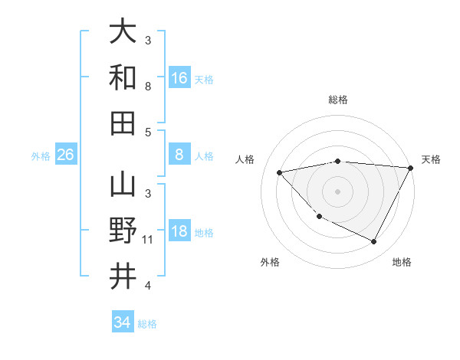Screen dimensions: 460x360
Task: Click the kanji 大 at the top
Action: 123,32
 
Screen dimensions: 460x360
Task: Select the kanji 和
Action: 123,77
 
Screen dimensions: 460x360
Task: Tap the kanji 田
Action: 123,123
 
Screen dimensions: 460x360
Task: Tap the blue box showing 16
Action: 179,77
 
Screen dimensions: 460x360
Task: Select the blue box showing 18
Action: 179,231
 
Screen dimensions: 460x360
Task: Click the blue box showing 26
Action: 66,155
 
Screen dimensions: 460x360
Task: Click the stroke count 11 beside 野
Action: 148,240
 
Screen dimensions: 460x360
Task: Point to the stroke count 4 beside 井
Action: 148,286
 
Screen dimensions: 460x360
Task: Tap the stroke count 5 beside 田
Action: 148,132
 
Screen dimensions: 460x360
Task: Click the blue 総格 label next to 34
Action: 147,323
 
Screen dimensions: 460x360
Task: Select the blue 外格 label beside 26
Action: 41,155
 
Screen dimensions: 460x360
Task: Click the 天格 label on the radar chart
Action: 431,159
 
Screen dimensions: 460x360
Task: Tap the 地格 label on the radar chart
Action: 402,262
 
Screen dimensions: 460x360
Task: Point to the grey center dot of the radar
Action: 337,191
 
